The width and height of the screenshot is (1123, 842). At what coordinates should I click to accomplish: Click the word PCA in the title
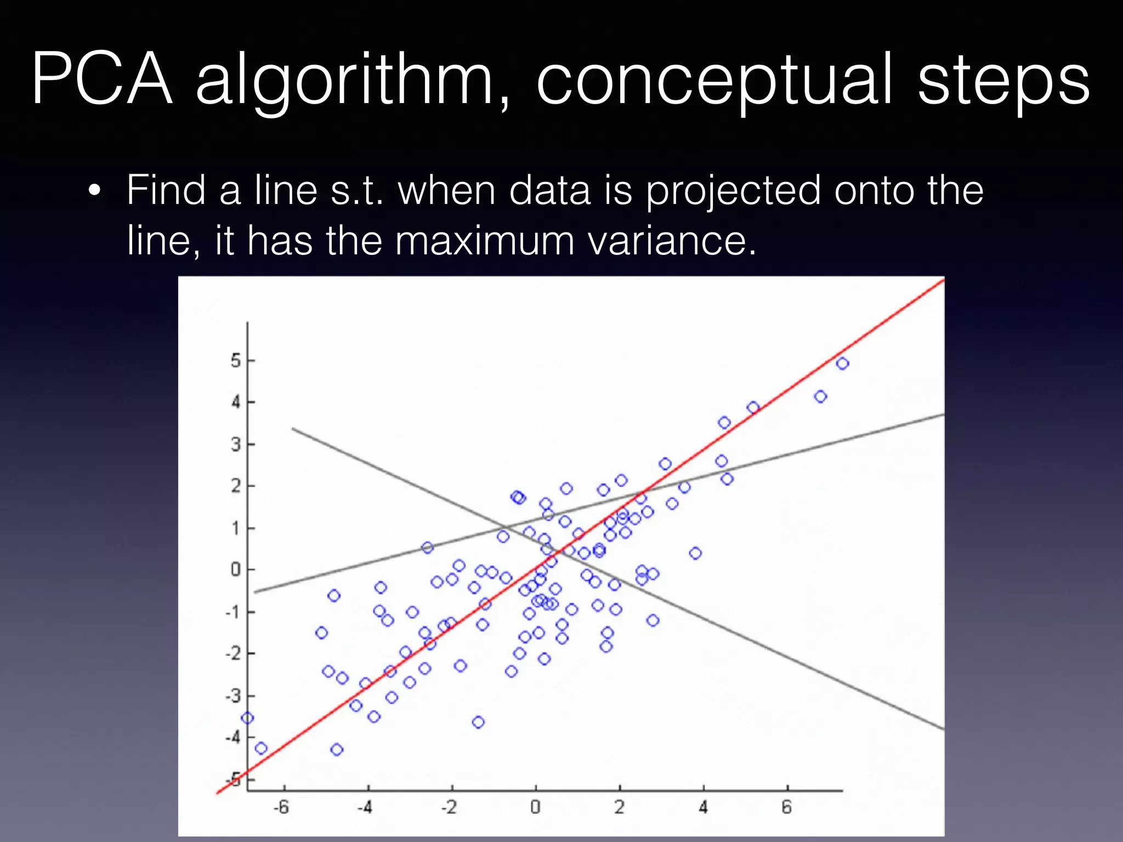click(103, 79)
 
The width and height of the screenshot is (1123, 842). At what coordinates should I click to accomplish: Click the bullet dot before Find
click(95, 191)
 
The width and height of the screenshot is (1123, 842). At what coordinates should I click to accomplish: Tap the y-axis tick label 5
click(236, 361)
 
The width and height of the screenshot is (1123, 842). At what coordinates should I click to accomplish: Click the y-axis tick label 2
click(236, 486)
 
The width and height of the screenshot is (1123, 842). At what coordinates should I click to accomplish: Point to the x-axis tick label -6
click(281, 807)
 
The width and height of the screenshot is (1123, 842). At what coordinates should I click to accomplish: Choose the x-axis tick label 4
click(704, 807)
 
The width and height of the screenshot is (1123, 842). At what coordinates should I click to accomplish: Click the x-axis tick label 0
click(535, 807)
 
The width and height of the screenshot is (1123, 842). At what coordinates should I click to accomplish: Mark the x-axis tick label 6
click(787, 807)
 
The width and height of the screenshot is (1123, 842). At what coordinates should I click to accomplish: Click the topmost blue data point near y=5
click(843, 363)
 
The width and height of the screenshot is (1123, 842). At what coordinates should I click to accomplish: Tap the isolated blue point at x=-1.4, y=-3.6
click(478, 722)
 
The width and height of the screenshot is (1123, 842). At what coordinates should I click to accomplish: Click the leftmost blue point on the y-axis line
click(247, 718)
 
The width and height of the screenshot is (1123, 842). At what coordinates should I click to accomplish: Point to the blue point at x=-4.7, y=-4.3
click(337, 749)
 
